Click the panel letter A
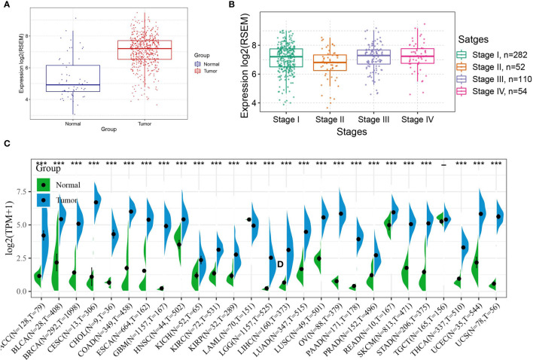tap(6, 8)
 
